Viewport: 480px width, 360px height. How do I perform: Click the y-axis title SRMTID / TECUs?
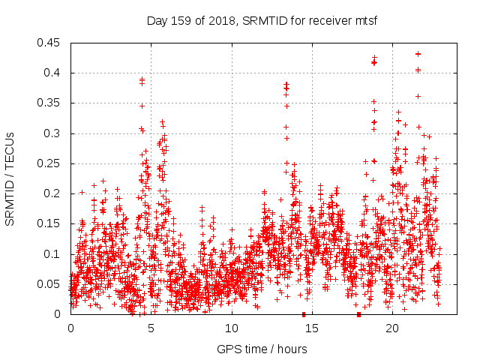[10, 178]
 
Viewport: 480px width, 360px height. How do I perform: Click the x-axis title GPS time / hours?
[262, 349]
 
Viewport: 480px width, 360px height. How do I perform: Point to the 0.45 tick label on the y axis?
[51, 43]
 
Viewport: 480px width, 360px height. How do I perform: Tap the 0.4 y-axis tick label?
[54, 73]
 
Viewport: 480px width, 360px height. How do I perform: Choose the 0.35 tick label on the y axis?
[51, 103]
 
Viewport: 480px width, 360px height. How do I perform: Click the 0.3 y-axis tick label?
[54, 133]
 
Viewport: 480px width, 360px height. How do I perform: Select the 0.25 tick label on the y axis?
[51, 163]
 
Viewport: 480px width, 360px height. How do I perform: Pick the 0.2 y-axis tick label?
[54, 193]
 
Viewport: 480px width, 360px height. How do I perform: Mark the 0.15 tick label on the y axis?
[51, 223]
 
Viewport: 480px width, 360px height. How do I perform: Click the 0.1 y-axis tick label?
[54, 254]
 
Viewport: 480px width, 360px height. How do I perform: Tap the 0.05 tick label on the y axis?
[51, 284]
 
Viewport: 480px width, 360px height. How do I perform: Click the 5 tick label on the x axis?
[151, 328]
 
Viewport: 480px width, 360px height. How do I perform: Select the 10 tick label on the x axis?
[232, 328]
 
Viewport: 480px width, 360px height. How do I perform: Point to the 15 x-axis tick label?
[312, 328]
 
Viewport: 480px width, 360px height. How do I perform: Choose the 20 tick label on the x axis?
[392, 328]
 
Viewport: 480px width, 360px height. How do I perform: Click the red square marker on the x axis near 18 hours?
[359, 314]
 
